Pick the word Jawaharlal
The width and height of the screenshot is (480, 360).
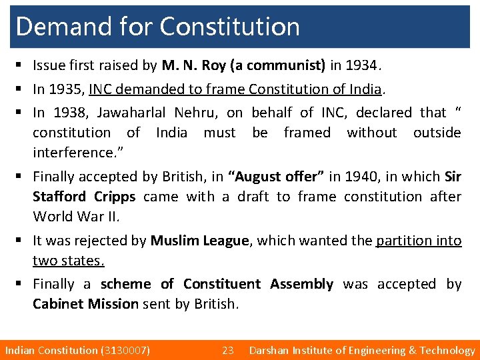point(133,113)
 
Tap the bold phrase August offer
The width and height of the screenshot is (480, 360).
point(277,177)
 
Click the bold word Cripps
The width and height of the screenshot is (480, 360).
point(115,197)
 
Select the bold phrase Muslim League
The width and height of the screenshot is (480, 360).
point(199,241)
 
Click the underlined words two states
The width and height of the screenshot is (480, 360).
point(69,261)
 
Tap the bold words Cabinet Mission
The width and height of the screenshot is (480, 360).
point(86,304)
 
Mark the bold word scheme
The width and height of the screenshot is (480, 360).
point(126,284)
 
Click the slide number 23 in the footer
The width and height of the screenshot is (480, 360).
point(228,350)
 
